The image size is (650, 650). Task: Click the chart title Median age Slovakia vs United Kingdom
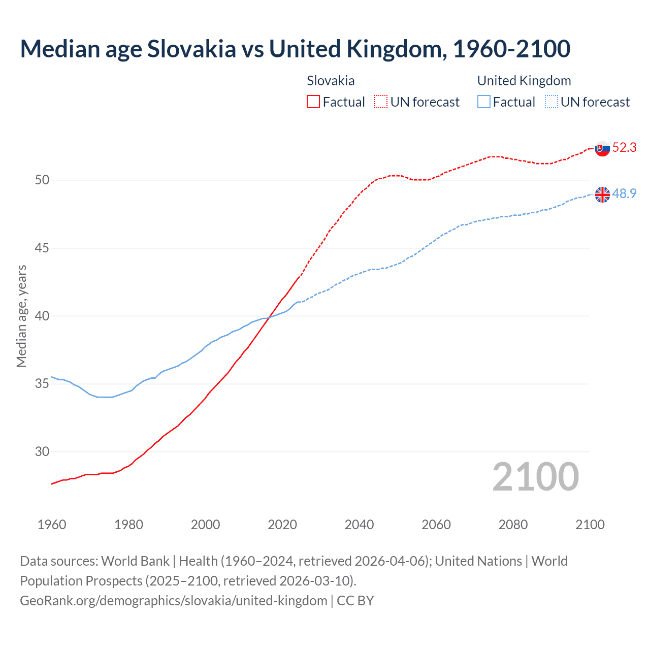point(295,49)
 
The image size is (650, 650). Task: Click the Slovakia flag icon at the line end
point(602,149)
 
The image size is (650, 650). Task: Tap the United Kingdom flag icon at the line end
point(602,194)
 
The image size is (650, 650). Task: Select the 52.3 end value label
point(624,148)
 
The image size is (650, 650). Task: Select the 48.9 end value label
point(624,193)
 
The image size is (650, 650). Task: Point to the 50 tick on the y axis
point(42,180)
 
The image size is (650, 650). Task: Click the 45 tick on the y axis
point(42,248)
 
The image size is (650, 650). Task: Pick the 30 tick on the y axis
point(42,452)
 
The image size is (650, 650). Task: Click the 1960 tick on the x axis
point(52,525)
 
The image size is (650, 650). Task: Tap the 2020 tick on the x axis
point(282,525)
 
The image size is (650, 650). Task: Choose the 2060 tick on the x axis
point(436,525)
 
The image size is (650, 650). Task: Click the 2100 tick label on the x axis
point(590,525)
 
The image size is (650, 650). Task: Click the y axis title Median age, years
point(21,316)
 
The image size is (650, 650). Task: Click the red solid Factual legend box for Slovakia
point(313,102)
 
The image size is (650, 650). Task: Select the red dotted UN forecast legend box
point(381,102)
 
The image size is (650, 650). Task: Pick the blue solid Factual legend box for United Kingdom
point(484,102)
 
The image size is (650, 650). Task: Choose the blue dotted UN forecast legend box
point(551,102)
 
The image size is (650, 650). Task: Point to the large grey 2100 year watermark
point(536,477)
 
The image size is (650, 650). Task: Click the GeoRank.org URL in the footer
point(174,601)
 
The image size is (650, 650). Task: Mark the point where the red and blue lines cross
point(268,317)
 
